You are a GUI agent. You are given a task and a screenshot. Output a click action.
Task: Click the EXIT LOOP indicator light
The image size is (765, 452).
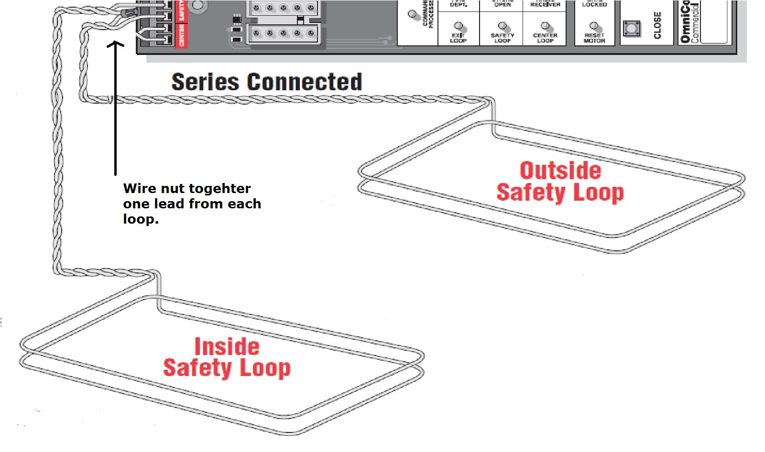tap(458, 25)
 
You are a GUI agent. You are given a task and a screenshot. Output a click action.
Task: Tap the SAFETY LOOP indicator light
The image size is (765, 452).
tap(502, 25)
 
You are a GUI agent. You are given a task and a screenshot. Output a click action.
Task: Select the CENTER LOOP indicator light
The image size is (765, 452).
tap(545, 25)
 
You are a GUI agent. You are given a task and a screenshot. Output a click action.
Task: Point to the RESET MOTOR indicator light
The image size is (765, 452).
tap(594, 25)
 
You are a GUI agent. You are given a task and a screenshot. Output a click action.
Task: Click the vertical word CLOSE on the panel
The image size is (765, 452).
tap(657, 25)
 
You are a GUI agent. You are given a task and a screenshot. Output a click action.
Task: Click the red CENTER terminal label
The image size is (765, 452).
tap(182, 35)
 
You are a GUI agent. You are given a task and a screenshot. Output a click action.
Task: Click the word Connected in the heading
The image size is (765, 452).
tap(305, 82)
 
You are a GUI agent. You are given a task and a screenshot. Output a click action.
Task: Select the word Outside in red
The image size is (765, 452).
tap(560, 171)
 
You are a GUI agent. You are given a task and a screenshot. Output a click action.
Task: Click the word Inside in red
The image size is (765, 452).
tap(227, 346)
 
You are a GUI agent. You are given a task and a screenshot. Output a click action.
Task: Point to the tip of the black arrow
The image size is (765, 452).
tap(115, 43)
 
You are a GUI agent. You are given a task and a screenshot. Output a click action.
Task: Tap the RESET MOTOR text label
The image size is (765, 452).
tap(594, 38)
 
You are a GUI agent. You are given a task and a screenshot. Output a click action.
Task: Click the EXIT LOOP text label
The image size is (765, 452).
tap(458, 38)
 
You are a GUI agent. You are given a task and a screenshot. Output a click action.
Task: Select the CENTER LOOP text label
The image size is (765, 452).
tap(545, 38)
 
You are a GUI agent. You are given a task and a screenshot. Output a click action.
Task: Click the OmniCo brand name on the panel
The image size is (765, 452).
tap(685, 22)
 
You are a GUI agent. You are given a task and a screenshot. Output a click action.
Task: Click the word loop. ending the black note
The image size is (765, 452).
tap(141, 219)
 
